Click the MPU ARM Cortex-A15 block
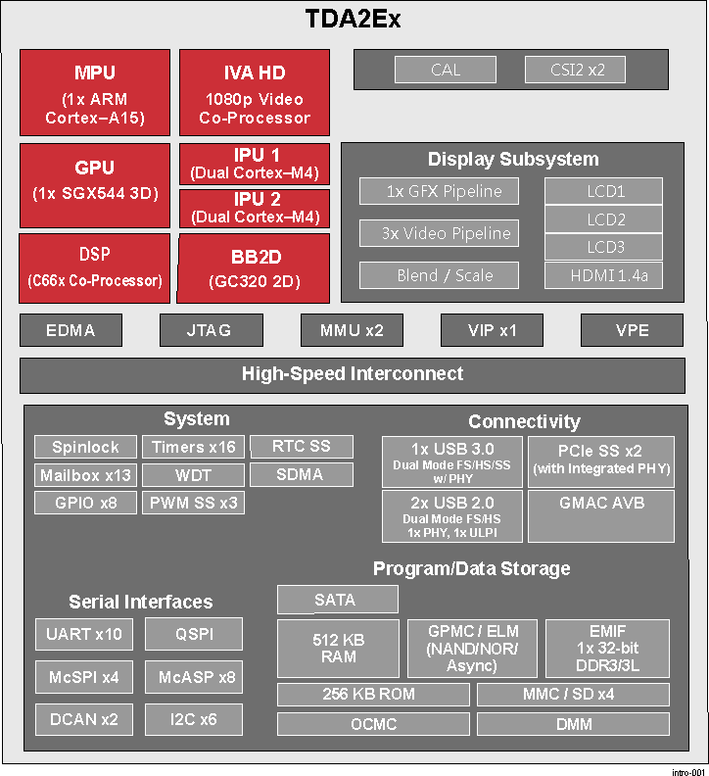pos(95,92)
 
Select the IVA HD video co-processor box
pos(255,92)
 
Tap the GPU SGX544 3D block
pos(95,185)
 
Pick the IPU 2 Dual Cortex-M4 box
pos(255,209)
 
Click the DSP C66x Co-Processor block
pos(94,268)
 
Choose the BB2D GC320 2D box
pos(254,268)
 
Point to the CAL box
pos(446,70)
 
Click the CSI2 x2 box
pos(575,70)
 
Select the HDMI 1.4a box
pos(603,275)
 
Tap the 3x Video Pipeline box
pos(439,233)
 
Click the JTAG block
pos(212,330)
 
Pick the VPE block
pos(632,330)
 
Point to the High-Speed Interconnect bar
pos(353,375)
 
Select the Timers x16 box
pos(194,447)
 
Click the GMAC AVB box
pos(601,516)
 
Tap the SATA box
pos(338,600)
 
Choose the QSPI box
pos(194,634)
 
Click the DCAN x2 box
pos(84,719)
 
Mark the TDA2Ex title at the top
pos(353,19)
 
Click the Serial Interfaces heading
pos(140,602)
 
